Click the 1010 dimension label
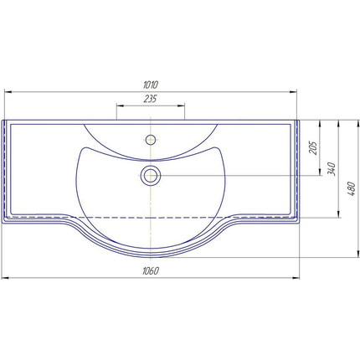click(151, 85)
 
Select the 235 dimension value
click(151, 99)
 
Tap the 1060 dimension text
click(151, 271)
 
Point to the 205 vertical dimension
click(313, 147)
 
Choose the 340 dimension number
click(332, 168)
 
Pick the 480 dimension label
click(352, 188)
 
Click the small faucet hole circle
click(151, 140)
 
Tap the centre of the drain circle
click(151, 176)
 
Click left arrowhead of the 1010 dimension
click(8, 91)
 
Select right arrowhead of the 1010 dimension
click(293, 91)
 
